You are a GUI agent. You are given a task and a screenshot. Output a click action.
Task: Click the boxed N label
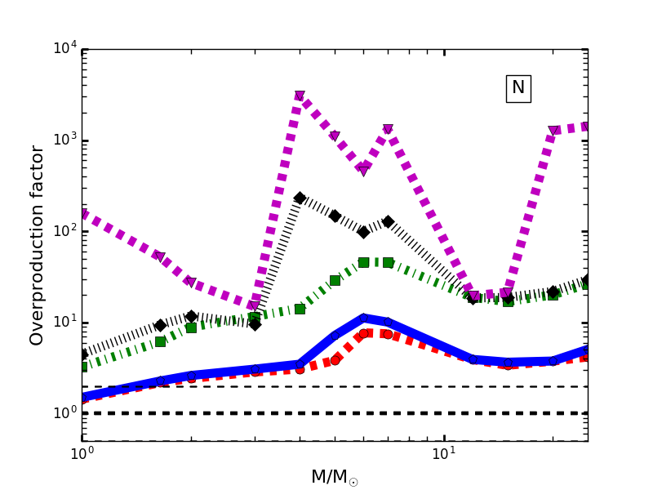[518, 88]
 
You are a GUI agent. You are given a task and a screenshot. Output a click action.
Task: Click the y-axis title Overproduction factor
[38, 245]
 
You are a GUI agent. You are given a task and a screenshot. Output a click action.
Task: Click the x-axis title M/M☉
[334, 477]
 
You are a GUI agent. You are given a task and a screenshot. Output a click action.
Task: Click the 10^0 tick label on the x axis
[82, 453]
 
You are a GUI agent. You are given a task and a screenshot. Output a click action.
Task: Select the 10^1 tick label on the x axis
[444, 453]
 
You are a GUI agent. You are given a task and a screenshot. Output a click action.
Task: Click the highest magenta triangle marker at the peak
[300, 96]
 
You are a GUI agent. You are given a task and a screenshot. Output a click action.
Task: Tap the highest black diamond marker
[300, 198]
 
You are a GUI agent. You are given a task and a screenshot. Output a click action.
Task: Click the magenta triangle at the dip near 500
[363, 170]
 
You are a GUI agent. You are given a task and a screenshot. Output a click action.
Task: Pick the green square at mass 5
[335, 280]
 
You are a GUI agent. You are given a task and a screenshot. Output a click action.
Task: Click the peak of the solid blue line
[363, 318]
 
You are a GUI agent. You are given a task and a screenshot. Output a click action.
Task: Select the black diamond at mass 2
[191, 316]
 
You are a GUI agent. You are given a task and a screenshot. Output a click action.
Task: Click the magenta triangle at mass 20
[553, 131]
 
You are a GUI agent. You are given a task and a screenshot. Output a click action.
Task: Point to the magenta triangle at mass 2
[191, 282]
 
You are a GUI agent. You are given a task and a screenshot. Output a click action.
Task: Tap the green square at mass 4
[300, 309]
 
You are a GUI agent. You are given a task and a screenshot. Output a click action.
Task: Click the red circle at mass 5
[335, 359]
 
